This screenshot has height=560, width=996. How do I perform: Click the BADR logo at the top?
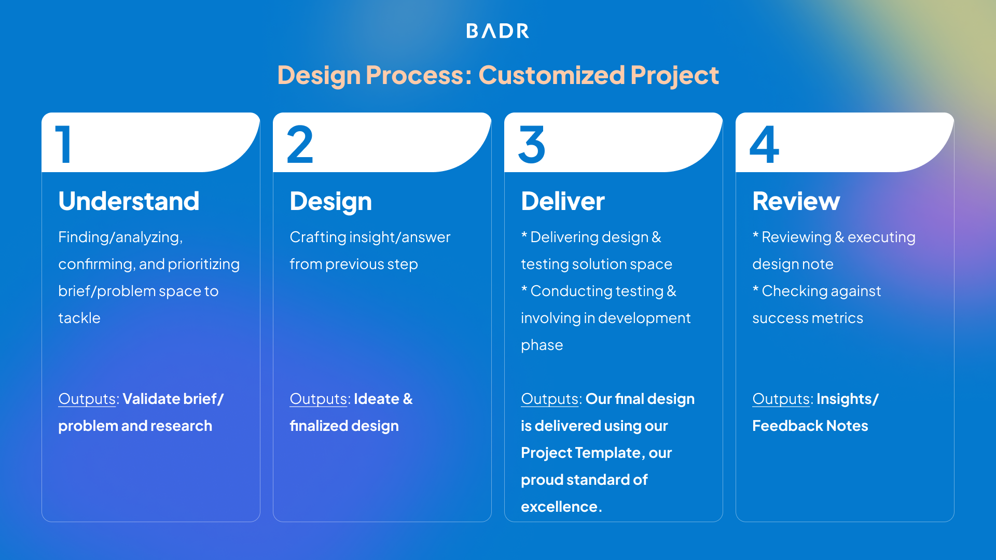pos(497,31)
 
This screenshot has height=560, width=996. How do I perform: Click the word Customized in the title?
pos(551,75)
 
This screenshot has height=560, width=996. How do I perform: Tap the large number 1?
pos(63,145)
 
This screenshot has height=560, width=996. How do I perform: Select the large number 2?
pos(300,145)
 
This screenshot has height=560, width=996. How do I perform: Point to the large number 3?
pos(532,145)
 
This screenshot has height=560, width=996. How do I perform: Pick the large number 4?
pos(764,145)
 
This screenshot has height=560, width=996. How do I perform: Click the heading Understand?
pos(129,201)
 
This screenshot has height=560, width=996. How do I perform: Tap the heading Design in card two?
pos(330,201)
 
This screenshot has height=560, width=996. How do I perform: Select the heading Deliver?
pos(563,201)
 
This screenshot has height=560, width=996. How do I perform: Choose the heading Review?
pos(796,201)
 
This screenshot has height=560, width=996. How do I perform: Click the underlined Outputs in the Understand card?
pos(87,399)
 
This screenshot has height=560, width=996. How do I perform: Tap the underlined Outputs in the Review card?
pos(781,399)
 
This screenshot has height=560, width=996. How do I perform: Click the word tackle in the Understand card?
pos(79,318)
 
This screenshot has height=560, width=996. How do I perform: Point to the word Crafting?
pos(317,237)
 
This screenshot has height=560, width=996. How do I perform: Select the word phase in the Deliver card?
pos(542,345)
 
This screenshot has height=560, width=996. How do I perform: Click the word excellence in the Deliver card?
pos(559,507)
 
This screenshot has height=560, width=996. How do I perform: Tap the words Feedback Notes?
pos(810,426)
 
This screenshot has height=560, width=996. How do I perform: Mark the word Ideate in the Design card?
pos(376,399)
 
